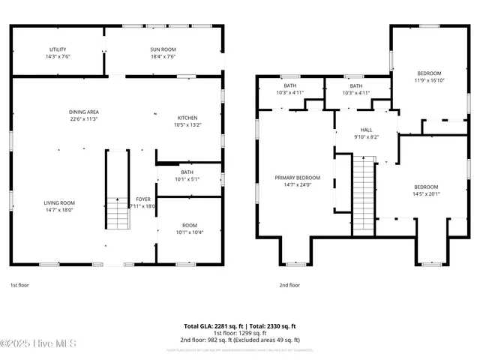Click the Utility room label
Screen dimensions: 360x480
(x=58, y=49)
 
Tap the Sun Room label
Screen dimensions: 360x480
(x=163, y=49)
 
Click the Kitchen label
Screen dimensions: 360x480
(x=188, y=118)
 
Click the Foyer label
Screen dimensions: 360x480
(x=142, y=199)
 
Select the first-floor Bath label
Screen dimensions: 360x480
(x=187, y=172)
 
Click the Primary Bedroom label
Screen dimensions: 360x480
(x=297, y=178)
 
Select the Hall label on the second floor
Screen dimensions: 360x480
(x=366, y=130)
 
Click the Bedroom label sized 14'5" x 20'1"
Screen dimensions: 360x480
(x=427, y=187)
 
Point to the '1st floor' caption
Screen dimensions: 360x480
(x=20, y=285)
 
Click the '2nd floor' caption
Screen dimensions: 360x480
(x=289, y=285)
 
